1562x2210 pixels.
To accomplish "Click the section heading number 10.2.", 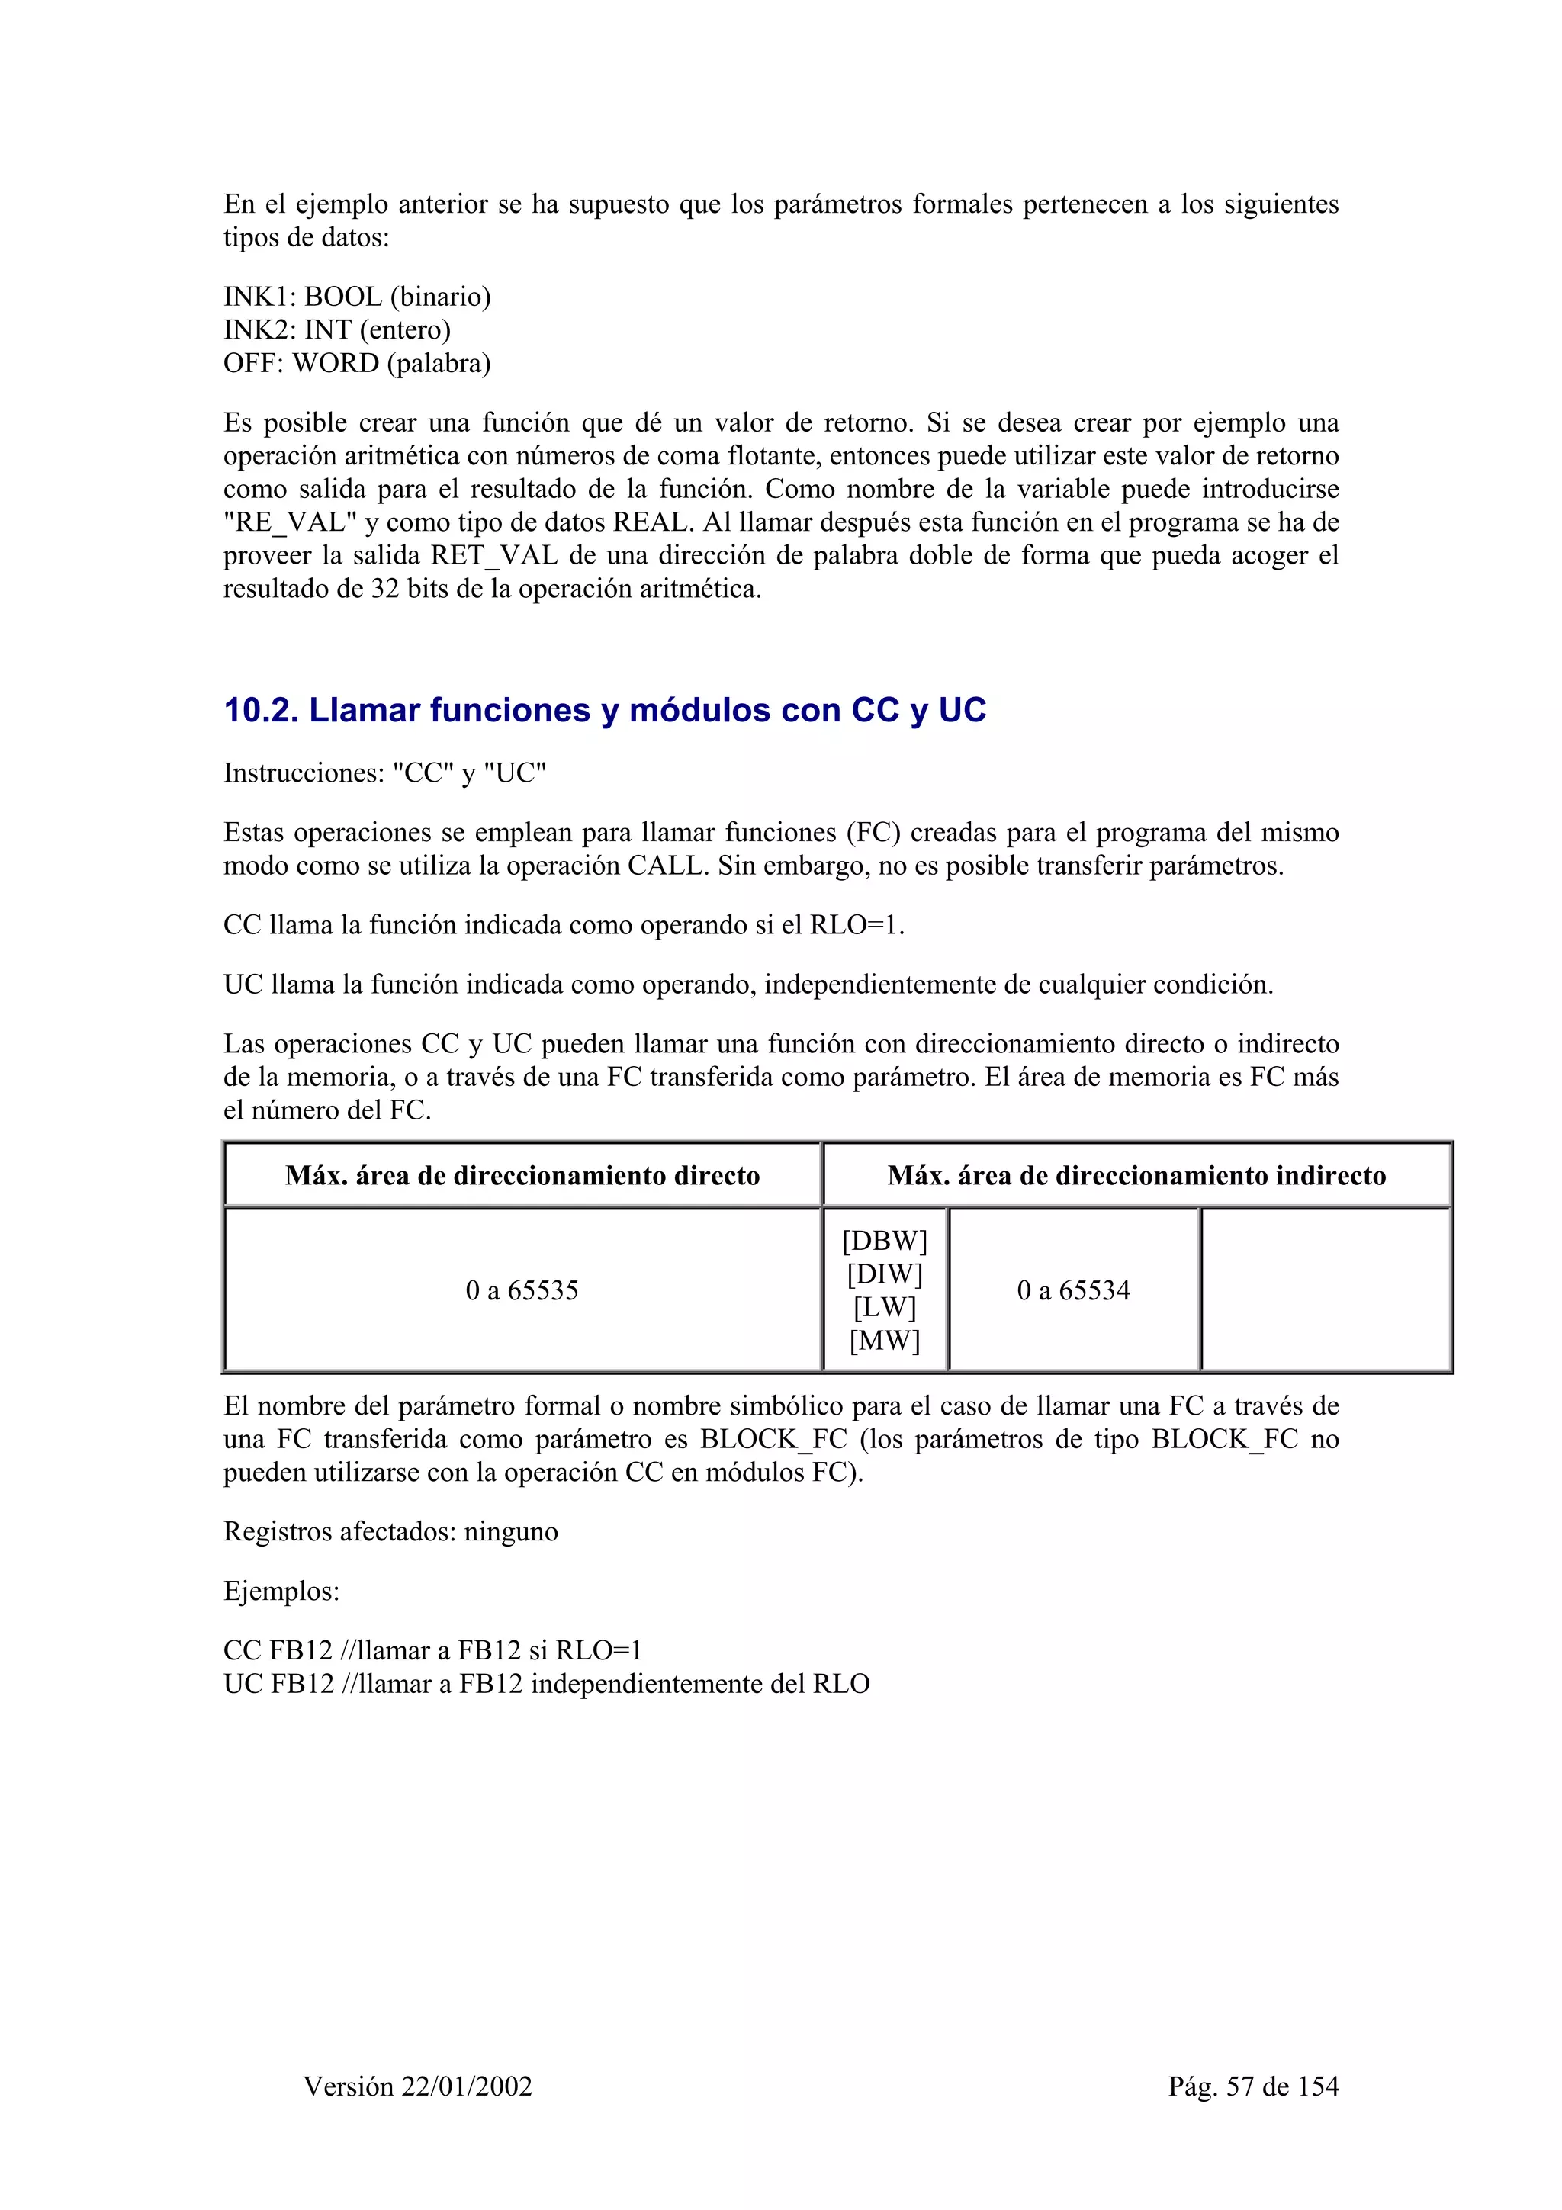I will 261,711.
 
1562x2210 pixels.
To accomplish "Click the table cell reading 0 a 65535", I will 522,1291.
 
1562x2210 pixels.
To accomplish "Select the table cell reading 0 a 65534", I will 1073,1291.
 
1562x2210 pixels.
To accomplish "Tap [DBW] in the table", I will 885,1242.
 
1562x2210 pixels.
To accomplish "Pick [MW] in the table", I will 885,1341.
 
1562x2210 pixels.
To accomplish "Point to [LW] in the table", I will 885,1307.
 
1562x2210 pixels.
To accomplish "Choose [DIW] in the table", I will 885,1274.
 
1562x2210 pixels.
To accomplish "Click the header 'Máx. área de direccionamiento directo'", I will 522,1175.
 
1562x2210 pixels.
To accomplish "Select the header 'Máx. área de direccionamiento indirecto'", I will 1136,1175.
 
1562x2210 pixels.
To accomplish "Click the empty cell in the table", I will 1326,1291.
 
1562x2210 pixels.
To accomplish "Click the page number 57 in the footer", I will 1241,2086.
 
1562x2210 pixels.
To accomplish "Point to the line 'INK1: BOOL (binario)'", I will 357,297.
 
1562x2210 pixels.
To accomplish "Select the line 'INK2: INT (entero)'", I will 337,330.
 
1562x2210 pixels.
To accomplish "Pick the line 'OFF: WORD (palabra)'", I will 357,363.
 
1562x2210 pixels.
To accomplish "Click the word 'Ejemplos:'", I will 281,1591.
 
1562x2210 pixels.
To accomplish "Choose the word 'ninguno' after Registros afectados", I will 511,1531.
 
